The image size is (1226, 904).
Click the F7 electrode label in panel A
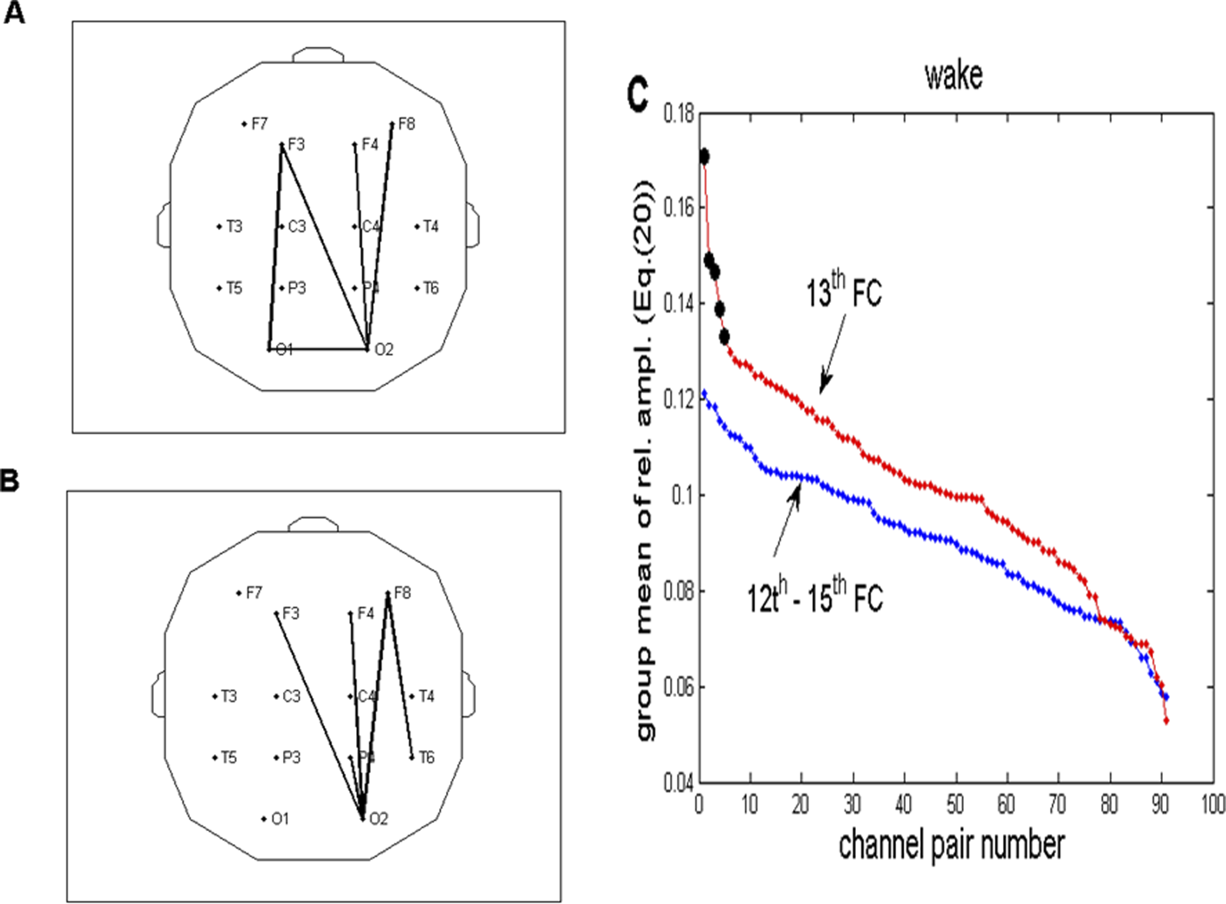click(x=259, y=124)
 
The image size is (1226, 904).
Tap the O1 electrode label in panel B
click(x=279, y=819)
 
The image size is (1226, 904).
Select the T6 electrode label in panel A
click(x=431, y=289)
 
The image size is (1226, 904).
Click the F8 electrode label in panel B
click(x=402, y=592)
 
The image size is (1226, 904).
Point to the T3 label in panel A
click(x=234, y=226)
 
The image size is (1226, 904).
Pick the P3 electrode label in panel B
click(x=291, y=758)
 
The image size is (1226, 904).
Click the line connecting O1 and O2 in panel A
click(x=318, y=349)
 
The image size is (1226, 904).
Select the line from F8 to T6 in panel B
click(x=400, y=675)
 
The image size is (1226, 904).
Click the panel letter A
click(x=15, y=13)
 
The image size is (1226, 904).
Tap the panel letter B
click(x=9, y=481)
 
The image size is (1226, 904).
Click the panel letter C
click(x=638, y=95)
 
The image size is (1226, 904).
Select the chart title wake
click(x=953, y=76)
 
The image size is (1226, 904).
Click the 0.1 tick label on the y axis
click(x=682, y=495)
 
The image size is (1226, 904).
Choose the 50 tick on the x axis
click(x=954, y=805)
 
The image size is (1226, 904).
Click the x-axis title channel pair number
click(x=951, y=845)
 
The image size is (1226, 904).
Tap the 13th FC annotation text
click(x=843, y=292)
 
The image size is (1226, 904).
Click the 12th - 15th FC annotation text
click(x=815, y=596)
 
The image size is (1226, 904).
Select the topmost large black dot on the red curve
click(x=703, y=157)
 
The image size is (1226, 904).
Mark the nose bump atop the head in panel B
click(x=313, y=524)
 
